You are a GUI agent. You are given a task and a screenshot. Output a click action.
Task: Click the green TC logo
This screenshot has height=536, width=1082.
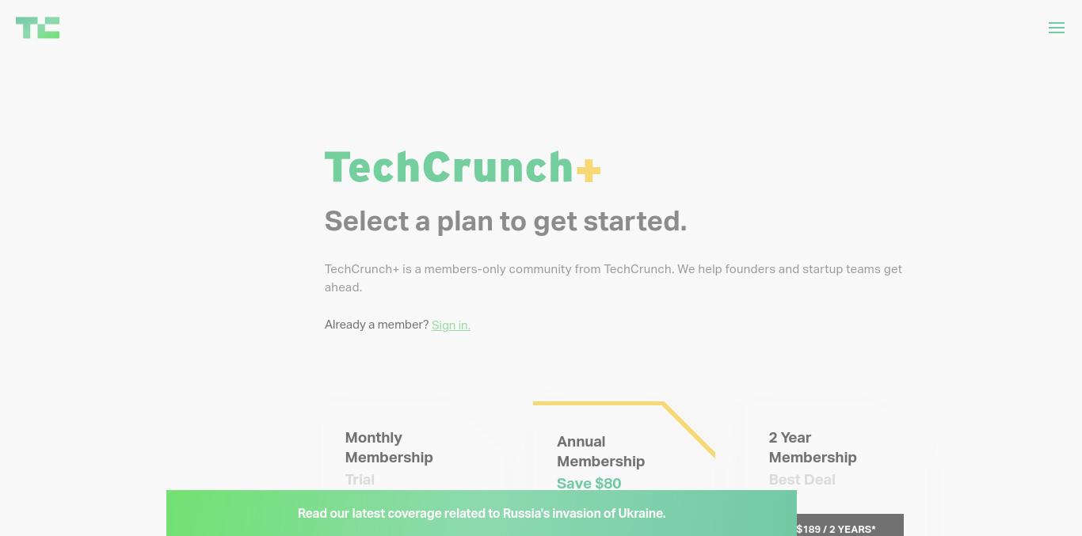coord(38,28)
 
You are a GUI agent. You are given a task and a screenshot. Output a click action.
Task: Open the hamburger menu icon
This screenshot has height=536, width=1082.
coord(1057,28)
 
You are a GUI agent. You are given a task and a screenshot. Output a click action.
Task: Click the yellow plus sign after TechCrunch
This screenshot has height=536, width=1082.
coord(589,170)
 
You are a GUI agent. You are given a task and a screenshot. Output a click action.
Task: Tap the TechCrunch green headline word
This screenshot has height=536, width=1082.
coord(449,167)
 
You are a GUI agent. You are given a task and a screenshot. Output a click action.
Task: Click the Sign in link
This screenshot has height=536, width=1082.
coord(451,325)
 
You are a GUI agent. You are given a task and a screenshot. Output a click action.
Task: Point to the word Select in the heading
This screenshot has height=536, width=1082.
coord(367,222)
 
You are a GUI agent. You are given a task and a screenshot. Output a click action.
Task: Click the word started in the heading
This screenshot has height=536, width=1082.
coord(634,222)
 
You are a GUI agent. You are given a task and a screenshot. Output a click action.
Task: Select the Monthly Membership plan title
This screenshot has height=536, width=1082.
coord(389,447)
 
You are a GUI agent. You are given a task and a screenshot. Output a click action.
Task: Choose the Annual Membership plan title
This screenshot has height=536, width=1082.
coord(601,451)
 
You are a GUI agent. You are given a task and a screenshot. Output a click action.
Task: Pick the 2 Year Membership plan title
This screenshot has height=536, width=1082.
coord(813,447)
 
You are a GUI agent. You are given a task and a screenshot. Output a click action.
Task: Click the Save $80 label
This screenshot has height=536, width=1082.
coord(589,484)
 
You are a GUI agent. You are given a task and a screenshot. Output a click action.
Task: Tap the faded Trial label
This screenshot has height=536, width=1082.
coord(360,480)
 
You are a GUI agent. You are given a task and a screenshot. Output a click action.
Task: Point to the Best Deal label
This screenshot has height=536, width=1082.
coord(802,480)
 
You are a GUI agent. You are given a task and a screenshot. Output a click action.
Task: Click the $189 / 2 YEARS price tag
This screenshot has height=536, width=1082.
coord(836,529)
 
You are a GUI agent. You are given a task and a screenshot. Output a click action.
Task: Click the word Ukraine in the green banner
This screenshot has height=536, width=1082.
coord(642,513)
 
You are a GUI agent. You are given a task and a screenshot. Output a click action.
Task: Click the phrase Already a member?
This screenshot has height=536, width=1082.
coord(377,325)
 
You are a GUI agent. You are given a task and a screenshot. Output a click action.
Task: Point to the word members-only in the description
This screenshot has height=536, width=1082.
coord(465,269)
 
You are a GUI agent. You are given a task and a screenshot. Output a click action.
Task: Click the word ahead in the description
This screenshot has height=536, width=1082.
coord(343,287)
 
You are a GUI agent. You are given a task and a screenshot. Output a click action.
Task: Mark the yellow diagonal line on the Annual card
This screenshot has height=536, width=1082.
coord(689,429)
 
